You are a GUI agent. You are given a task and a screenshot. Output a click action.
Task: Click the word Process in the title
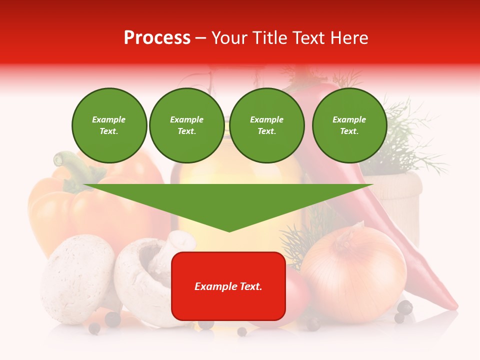[157, 38]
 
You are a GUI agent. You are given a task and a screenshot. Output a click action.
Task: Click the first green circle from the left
[109, 125]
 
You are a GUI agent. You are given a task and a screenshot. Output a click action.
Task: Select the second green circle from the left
[187, 125]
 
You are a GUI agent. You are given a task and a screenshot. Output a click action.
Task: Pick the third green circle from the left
[267, 125]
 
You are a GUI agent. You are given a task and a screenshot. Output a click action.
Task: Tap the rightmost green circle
[349, 125]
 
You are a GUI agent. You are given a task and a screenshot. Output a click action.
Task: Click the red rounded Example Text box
[228, 286]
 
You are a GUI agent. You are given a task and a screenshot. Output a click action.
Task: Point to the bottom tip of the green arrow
[229, 230]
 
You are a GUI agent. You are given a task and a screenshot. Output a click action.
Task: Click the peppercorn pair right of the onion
[403, 310]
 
